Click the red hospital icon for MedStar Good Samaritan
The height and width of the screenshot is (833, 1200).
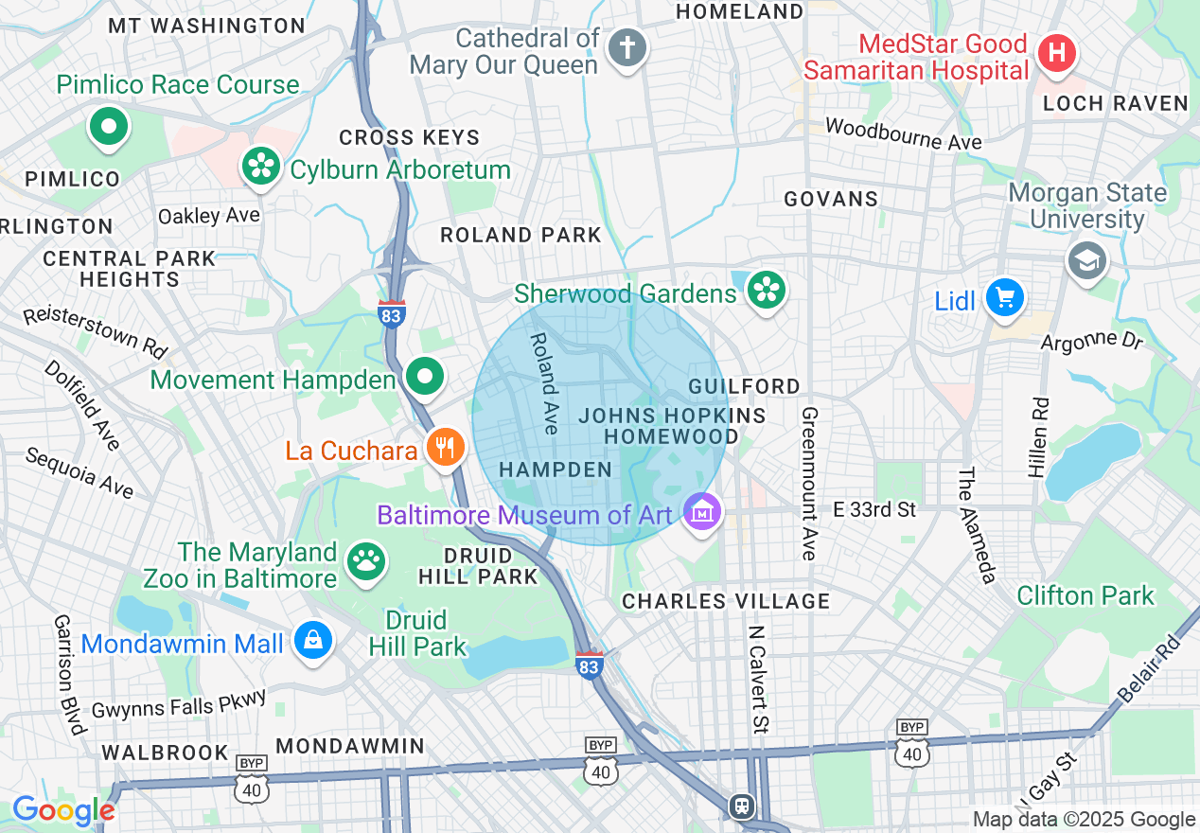pyautogui.click(x=1056, y=52)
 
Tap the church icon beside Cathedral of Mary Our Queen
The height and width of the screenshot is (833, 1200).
pyautogui.click(x=626, y=46)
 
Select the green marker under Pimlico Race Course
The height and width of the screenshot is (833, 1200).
pyautogui.click(x=109, y=126)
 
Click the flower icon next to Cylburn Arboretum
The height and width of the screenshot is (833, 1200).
pyautogui.click(x=258, y=167)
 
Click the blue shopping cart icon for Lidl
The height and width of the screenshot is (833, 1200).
pyautogui.click(x=1004, y=299)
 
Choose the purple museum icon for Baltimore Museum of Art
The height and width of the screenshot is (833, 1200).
pyautogui.click(x=702, y=513)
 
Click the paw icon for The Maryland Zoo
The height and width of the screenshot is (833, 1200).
pyautogui.click(x=365, y=561)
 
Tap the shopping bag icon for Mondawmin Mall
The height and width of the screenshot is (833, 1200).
pyautogui.click(x=312, y=641)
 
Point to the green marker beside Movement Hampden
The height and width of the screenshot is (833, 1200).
pyautogui.click(x=425, y=377)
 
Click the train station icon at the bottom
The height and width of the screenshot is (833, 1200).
pyautogui.click(x=740, y=806)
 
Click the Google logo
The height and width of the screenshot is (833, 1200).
pyautogui.click(x=62, y=810)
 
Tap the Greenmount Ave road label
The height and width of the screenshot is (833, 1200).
pyautogui.click(x=809, y=483)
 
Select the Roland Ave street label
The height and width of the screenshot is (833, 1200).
pyautogui.click(x=544, y=382)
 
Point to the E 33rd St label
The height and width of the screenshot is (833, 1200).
pyautogui.click(x=874, y=509)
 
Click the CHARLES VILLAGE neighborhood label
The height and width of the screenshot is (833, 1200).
pyautogui.click(x=725, y=601)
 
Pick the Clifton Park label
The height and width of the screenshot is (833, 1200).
pyautogui.click(x=1085, y=595)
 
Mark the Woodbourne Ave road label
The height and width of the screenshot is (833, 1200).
pyautogui.click(x=903, y=133)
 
